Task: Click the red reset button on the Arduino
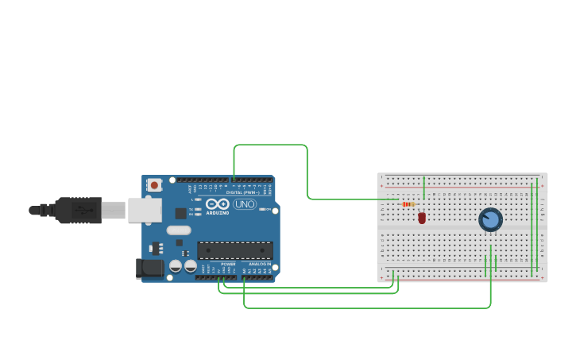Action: (154, 185)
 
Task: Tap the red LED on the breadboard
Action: (422, 217)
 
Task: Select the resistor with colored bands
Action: (408, 204)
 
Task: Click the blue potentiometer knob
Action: (490, 219)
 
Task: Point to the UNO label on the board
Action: (245, 204)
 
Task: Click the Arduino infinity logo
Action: (218, 203)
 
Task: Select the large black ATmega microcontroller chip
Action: (234, 250)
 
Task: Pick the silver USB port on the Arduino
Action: (145, 210)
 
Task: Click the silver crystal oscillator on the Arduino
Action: (178, 230)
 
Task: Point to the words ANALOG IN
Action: (260, 264)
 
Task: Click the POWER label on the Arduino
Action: (228, 264)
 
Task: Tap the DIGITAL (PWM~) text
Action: (242, 192)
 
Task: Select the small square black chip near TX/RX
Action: (181, 213)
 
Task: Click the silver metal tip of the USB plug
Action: (114, 210)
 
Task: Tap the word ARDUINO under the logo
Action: (218, 212)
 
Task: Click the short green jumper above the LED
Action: (424, 188)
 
